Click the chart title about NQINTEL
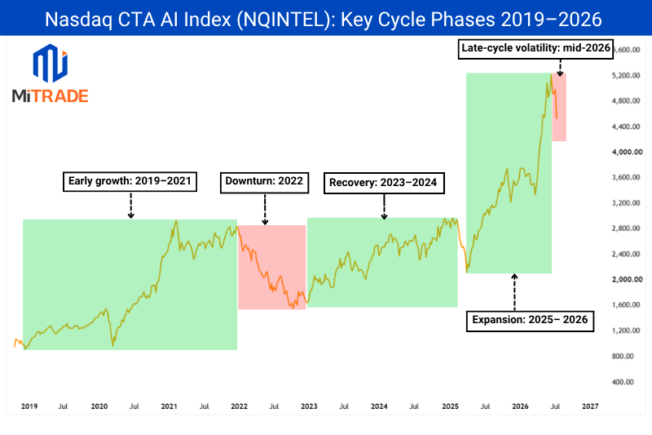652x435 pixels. pyautogui.click(x=323, y=19)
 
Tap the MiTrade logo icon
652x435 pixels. pyautogui.click(x=51, y=64)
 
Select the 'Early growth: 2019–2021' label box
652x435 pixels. pyautogui.click(x=130, y=181)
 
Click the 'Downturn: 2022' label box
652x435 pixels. pyautogui.click(x=264, y=182)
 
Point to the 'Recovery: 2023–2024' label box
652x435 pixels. pyautogui.click(x=384, y=183)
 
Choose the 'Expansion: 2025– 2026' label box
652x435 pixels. pyautogui.click(x=530, y=321)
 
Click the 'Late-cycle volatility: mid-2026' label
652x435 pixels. pyautogui.click(x=535, y=49)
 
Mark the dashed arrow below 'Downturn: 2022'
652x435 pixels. pyautogui.click(x=265, y=210)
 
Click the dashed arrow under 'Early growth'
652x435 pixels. pyautogui.click(x=131, y=206)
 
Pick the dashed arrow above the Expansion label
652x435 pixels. pyautogui.click(x=514, y=292)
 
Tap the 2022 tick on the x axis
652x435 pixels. pyautogui.click(x=239, y=406)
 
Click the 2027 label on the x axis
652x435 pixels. pyautogui.click(x=590, y=406)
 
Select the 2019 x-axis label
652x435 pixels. pyautogui.click(x=29, y=406)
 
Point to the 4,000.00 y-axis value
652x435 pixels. pyautogui.click(x=627, y=152)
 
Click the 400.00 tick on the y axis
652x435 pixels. pyautogui.click(x=623, y=382)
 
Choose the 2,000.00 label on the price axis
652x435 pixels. pyautogui.click(x=627, y=279)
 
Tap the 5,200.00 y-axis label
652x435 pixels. pyautogui.click(x=626, y=75)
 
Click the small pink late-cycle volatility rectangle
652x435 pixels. pyautogui.click(x=559, y=107)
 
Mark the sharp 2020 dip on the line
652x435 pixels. pyautogui.click(x=112, y=344)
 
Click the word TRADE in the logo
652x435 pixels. pyautogui.click(x=60, y=96)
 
